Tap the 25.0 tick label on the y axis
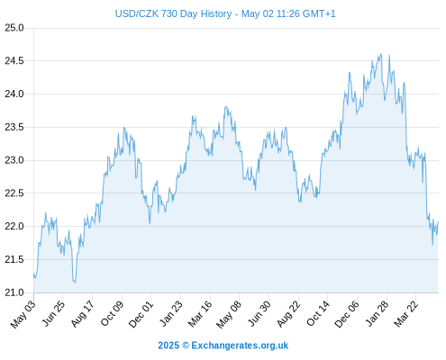(x=14, y=28)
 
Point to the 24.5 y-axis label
(x=14, y=61)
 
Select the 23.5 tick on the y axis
(x=14, y=127)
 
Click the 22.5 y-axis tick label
(x=14, y=193)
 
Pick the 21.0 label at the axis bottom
(x=14, y=292)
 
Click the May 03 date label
(x=23, y=314)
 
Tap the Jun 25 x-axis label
(x=53, y=313)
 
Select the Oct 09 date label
(x=112, y=313)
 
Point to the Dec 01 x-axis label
(x=141, y=314)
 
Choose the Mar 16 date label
(x=200, y=314)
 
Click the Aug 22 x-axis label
(x=288, y=314)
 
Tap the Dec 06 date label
(x=347, y=314)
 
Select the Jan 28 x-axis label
(x=377, y=313)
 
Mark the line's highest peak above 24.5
(x=381, y=54)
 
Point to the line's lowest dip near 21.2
(x=75, y=283)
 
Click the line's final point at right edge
(x=438, y=221)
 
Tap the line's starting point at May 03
(x=34, y=274)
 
